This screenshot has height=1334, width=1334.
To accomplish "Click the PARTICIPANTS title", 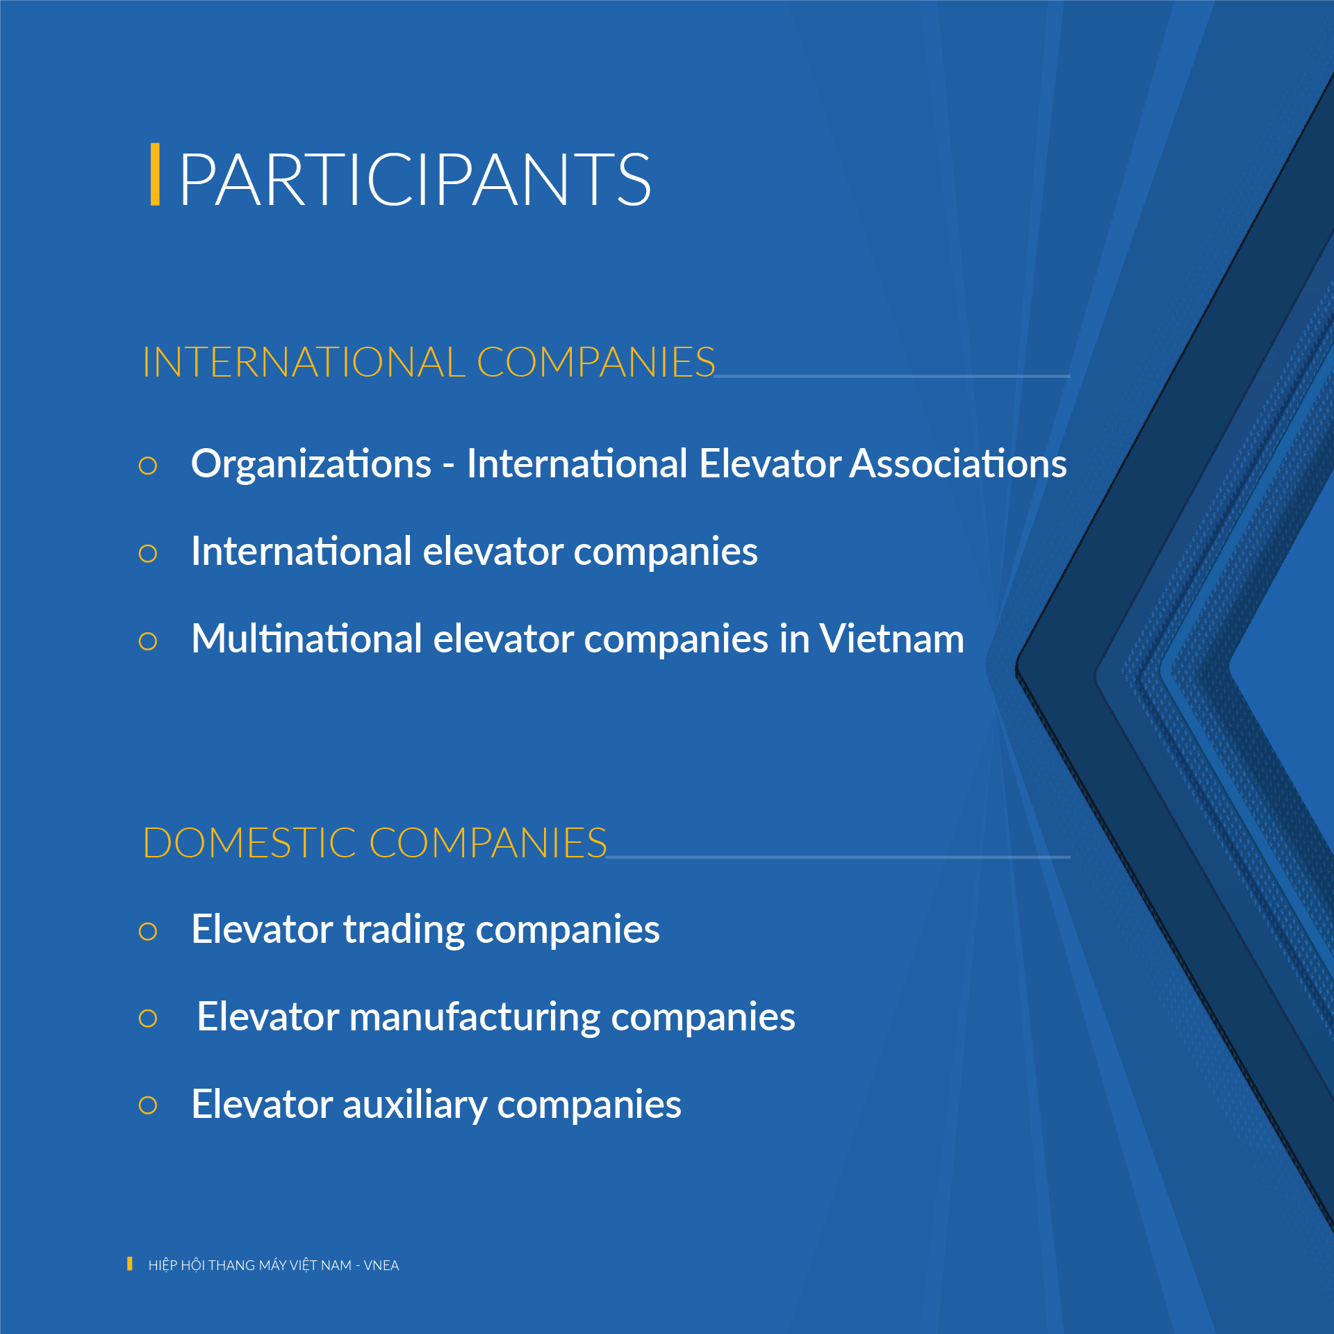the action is pyautogui.click(x=415, y=180).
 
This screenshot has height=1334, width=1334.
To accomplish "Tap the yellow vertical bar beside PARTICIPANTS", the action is pyautogui.click(x=155, y=174).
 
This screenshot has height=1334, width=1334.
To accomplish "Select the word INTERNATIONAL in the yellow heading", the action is pyautogui.click(x=304, y=362).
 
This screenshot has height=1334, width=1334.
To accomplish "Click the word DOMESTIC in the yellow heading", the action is pyautogui.click(x=249, y=843).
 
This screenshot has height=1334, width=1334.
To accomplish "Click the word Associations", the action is pyautogui.click(x=959, y=463).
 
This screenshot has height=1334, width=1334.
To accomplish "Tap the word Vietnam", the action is pyautogui.click(x=892, y=639).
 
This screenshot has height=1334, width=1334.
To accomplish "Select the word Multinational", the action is pyautogui.click(x=306, y=639).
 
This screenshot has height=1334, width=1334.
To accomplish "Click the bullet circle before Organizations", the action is pyautogui.click(x=148, y=466).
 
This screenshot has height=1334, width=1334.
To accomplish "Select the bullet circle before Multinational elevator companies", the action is pyautogui.click(x=148, y=641).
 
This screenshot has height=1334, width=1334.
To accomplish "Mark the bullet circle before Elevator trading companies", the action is pyautogui.click(x=148, y=931).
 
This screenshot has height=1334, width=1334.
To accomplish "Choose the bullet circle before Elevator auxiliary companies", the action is pyautogui.click(x=148, y=1105).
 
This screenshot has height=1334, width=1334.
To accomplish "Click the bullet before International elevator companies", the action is pyautogui.click(x=148, y=554).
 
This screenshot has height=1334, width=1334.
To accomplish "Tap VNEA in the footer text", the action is pyautogui.click(x=381, y=1265).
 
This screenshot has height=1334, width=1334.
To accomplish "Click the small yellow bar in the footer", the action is pyautogui.click(x=130, y=1264).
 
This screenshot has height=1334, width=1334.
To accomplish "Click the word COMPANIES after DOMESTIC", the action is pyautogui.click(x=488, y=843).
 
